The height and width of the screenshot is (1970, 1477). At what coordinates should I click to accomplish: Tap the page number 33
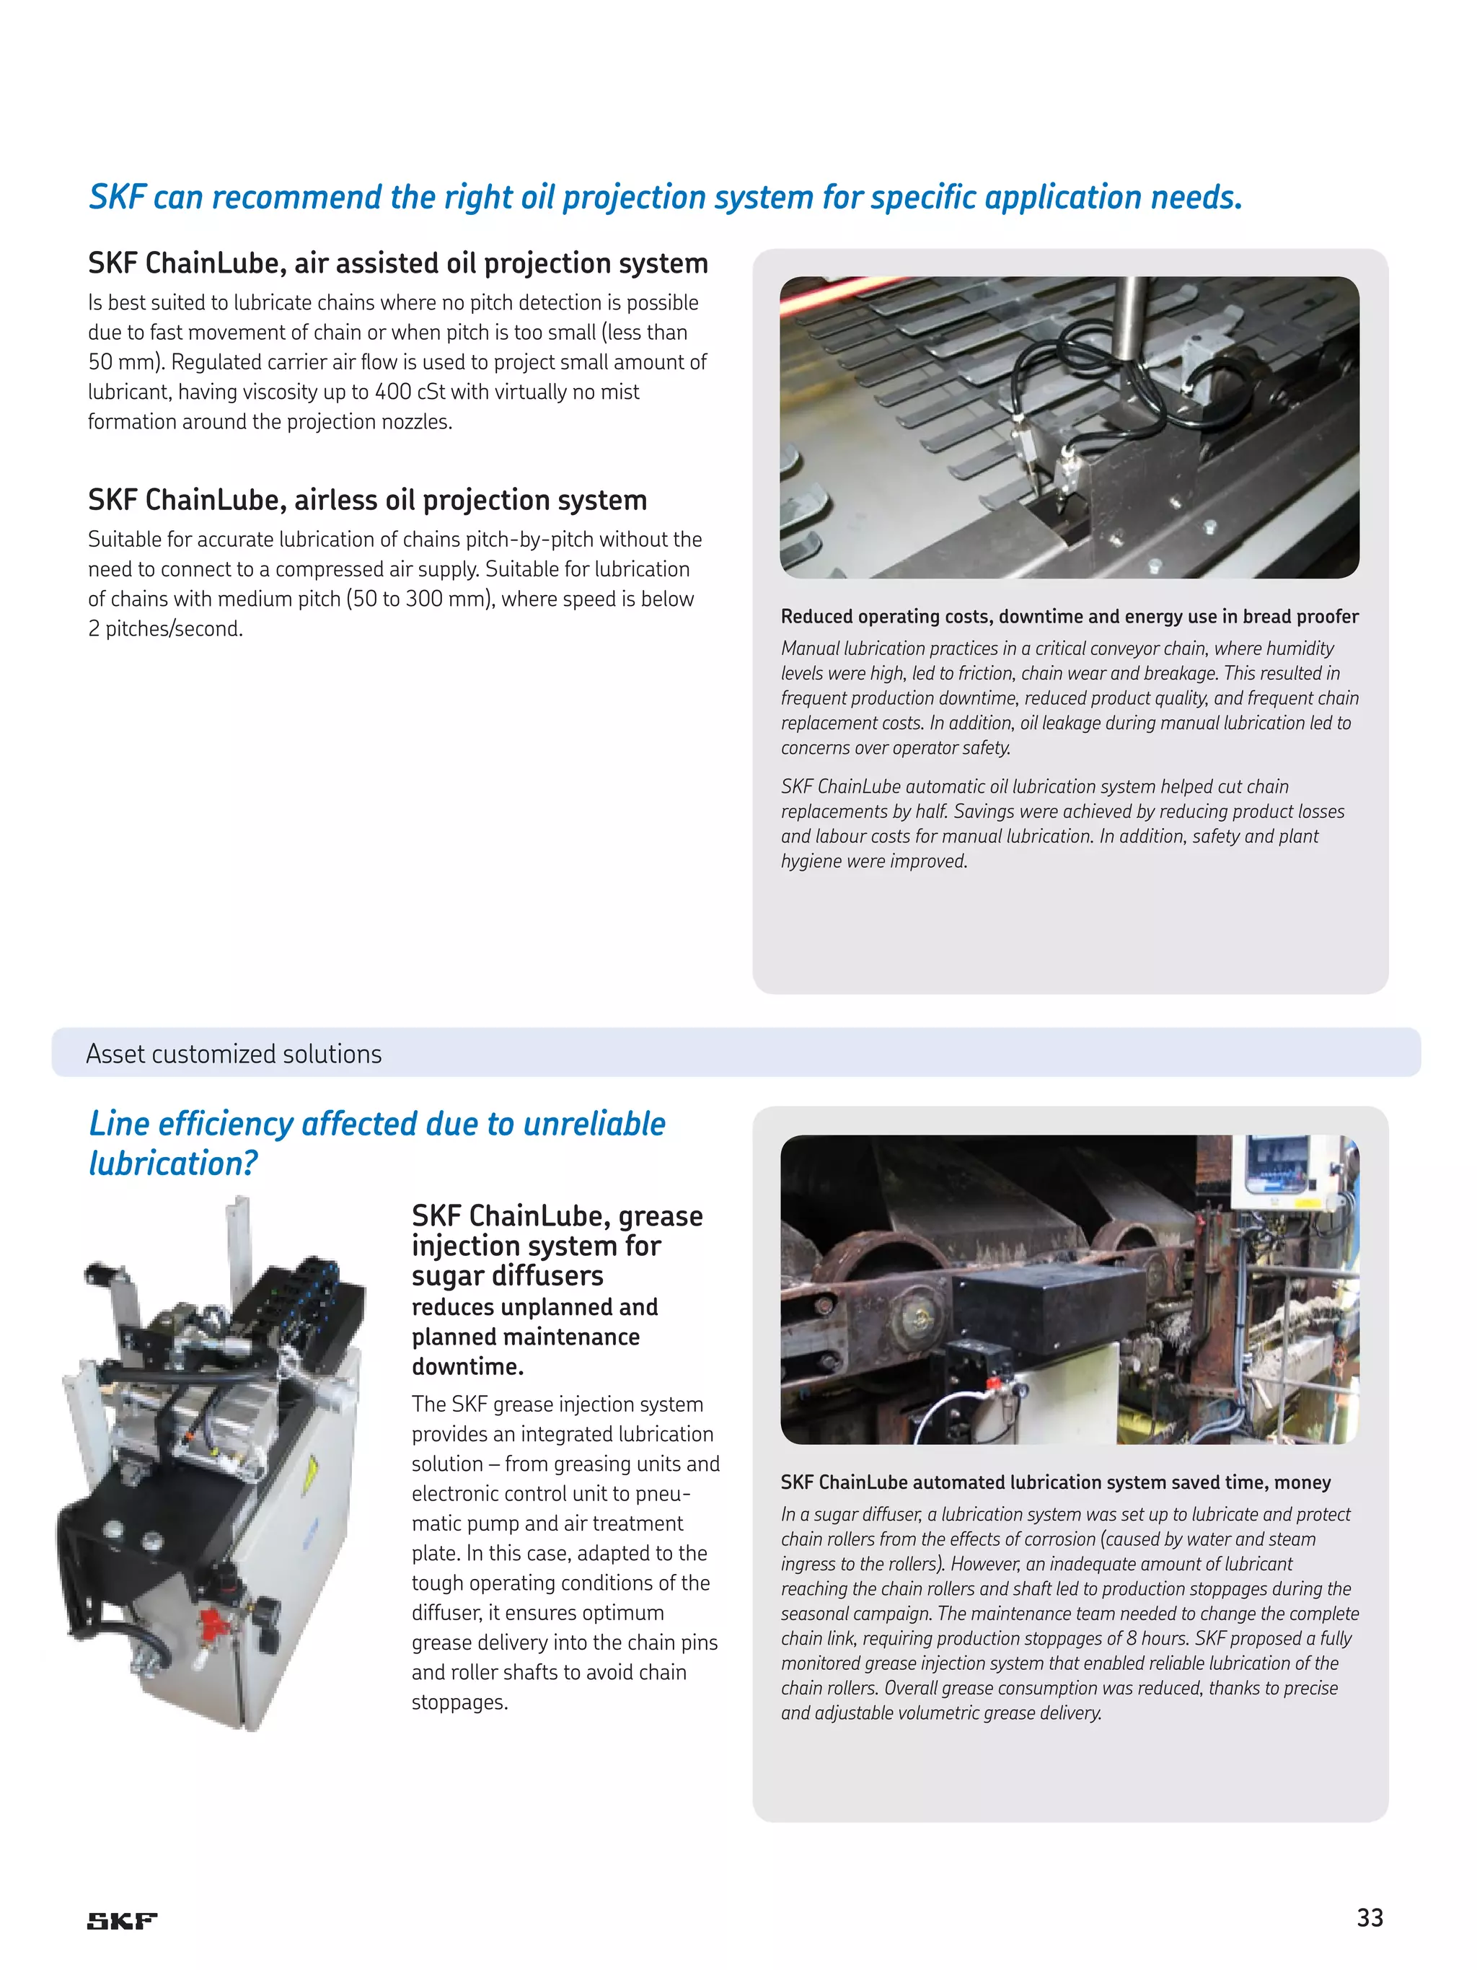(1370, 1917)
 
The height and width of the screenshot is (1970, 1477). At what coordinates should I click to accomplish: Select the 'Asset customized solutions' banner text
(234, 1054)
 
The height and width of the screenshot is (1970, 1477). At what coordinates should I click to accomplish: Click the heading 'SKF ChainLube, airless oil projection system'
(367, 500)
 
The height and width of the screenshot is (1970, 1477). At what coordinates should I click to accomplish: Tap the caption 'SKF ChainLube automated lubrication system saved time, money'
(1055, 1482)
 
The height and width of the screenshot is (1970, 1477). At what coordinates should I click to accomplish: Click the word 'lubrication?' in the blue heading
(172, 1163)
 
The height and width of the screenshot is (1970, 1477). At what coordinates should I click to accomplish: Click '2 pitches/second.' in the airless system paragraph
(166, 629)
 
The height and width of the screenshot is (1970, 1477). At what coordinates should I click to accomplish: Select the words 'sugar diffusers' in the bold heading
(508, 1275)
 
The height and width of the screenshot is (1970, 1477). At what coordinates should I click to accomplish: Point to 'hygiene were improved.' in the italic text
(874, 861)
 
